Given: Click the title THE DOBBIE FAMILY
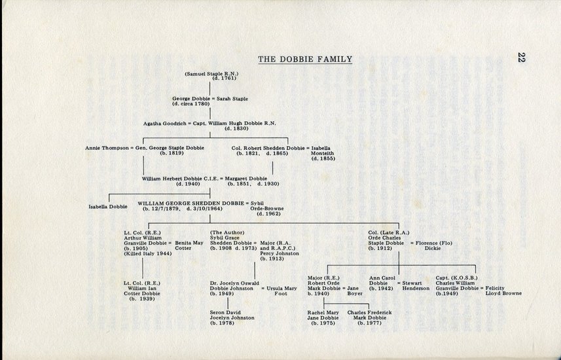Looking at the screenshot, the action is click(305, 59).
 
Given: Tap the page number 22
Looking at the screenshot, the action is click(521, 57).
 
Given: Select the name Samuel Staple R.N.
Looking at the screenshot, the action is click(211, 74).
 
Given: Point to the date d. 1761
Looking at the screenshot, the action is click(225, 79).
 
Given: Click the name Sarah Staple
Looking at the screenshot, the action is click(232, 99).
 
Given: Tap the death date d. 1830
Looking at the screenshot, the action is click(236, 128).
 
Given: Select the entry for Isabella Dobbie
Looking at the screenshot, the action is click(108, 206).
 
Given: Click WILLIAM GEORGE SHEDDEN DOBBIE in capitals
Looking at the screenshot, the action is click(190, 204).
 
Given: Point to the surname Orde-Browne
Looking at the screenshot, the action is click(267, 208).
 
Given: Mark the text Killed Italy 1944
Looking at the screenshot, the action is click(148, 254).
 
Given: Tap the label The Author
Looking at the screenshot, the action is click(227, 232).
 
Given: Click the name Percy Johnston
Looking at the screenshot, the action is click(280, 253).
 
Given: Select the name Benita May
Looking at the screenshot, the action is click(189, 243).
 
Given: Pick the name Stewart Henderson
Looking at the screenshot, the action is click(416, 285).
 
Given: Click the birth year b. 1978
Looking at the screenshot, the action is click(222, 323).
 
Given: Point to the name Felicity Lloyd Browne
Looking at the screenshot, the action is click(503, 291).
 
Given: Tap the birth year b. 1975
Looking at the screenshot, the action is click(323, 323).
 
